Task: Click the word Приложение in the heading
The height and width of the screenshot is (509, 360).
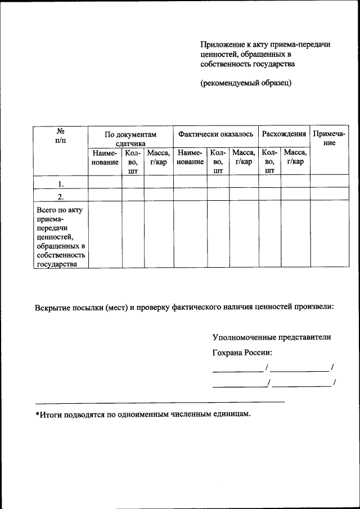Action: pos(223,44)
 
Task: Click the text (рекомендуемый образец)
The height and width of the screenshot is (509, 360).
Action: pos(246,83)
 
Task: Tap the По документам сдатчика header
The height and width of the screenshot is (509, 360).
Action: pos(130,139)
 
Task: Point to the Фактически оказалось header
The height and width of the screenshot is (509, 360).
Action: pos(215,134)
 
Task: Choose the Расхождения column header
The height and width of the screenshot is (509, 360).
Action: pos(284,134)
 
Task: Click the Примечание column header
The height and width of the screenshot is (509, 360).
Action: pos(329,138)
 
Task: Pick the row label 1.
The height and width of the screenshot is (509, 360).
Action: pos(60,184)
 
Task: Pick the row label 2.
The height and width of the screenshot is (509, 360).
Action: pos(60,196)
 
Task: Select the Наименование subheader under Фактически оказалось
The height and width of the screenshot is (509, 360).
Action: pos(190,157)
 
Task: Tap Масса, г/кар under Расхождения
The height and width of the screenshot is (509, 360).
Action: pos(295,157)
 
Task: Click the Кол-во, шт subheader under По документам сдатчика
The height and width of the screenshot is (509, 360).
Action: pos(133,161)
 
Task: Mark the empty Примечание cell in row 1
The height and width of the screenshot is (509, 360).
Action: pos(329,182)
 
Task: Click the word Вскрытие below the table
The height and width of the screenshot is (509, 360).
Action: pos(53,308)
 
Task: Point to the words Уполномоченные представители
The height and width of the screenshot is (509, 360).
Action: pos(272,337)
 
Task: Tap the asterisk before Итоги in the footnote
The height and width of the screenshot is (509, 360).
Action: pos(38,415)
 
